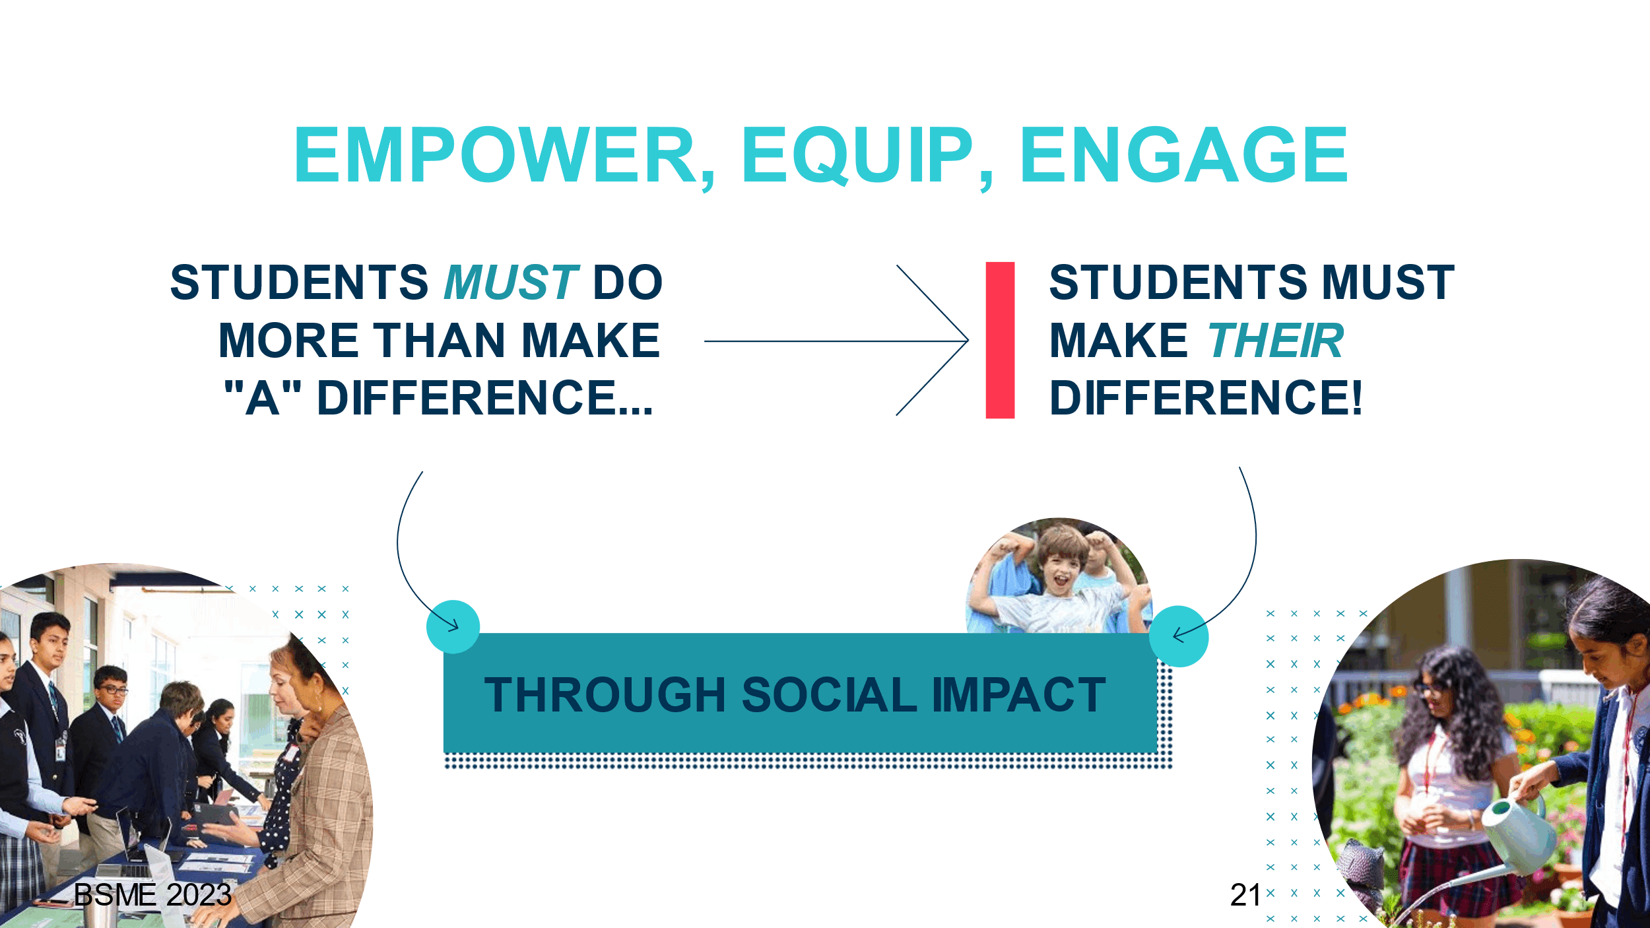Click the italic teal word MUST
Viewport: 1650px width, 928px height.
[511, 282]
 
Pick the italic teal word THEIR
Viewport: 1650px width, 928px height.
[1276, 340]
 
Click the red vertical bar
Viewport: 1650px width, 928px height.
[1000, 340]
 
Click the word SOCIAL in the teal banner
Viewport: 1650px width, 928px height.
[829, 695]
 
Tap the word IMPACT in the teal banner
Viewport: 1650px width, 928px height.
[1019, 695]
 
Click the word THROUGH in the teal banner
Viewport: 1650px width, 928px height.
[605, 695]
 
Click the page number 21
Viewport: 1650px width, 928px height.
[1245, 895]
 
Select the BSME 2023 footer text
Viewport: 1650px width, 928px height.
[152, 895]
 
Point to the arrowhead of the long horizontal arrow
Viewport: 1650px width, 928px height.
[968, 341]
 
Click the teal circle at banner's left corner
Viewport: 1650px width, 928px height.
[453, 626]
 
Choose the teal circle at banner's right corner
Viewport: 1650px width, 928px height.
[1179, 636]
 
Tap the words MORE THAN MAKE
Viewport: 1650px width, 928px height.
[439, 340]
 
